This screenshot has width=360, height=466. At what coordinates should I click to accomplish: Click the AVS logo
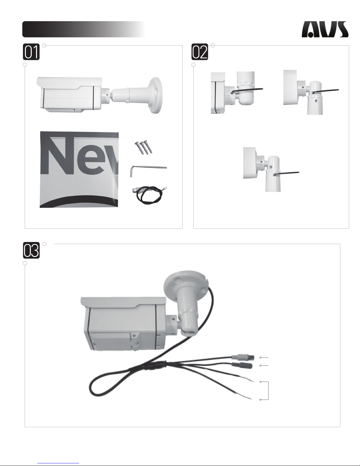pos(325,29)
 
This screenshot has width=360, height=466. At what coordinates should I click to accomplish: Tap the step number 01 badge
pos(31,52)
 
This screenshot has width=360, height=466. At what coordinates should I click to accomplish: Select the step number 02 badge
pos(200,52)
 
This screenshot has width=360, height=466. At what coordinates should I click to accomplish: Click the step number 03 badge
pos(31,250)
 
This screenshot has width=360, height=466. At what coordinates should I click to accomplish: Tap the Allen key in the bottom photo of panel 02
pos(286,173)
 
